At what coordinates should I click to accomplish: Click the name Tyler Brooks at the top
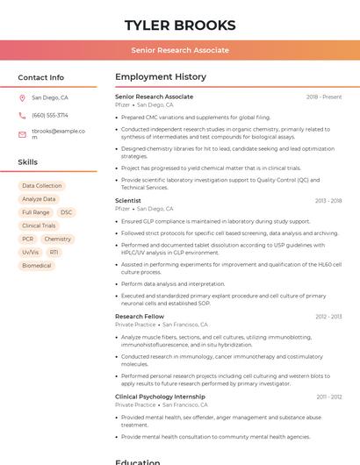[180, 25]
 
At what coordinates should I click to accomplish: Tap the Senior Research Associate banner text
[180, 50]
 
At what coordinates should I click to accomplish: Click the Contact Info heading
[41, 77]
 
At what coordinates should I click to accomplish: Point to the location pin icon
[22, 98]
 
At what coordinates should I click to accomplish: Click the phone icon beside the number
[22, 115]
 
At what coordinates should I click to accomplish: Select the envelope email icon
[22, 134]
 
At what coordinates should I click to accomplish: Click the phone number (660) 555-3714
[50, 115]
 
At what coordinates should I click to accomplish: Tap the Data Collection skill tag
[42, 186]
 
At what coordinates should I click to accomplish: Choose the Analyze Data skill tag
[39, 199]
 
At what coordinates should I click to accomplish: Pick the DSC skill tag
[67, 212]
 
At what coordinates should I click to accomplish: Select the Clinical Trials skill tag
[39, 225]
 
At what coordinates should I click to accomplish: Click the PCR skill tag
[28, 239]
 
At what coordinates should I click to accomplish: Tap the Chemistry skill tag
[58, 239]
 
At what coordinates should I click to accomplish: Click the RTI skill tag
[54, 252]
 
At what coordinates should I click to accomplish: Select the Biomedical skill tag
[37, 265]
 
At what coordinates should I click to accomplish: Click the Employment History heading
[161, 77]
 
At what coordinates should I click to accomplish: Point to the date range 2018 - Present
[324, 97]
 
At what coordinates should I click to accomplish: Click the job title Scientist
[128, 201]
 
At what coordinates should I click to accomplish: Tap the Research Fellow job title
[140, 316]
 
